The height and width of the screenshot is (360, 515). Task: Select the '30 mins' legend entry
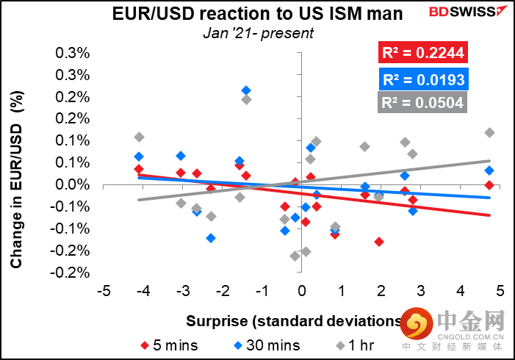click(260, 345)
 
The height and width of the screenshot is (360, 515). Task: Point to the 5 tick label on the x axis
click(500, 292)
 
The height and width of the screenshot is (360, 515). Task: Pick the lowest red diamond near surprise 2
click(379, 241)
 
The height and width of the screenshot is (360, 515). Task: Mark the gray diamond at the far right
click(489, 133)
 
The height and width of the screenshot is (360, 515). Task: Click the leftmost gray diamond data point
click(139, 137)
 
